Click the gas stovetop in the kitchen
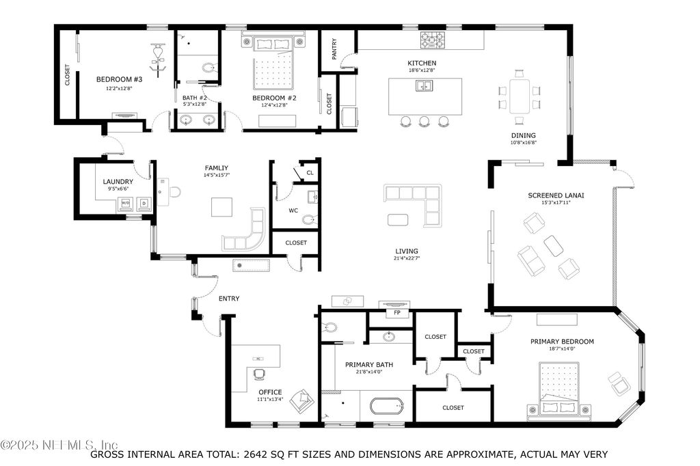coord(433,40)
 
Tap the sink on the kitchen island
coord(424,85)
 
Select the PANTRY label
coord(334,49)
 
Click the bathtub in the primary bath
coord(387,407)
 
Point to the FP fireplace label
coord(397,313)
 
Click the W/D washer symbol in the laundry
coord(126,204)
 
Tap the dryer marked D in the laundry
coord(144,204)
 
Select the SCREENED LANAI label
coord(556,195)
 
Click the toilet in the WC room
coord(310,219)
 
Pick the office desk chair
coord(258,374)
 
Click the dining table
coord(520,96)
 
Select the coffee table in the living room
coord(397,219)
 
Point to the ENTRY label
coord(229,299)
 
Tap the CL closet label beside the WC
coord(310,173)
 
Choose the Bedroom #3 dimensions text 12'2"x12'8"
coord(119,88)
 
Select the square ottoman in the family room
coord(222,207)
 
